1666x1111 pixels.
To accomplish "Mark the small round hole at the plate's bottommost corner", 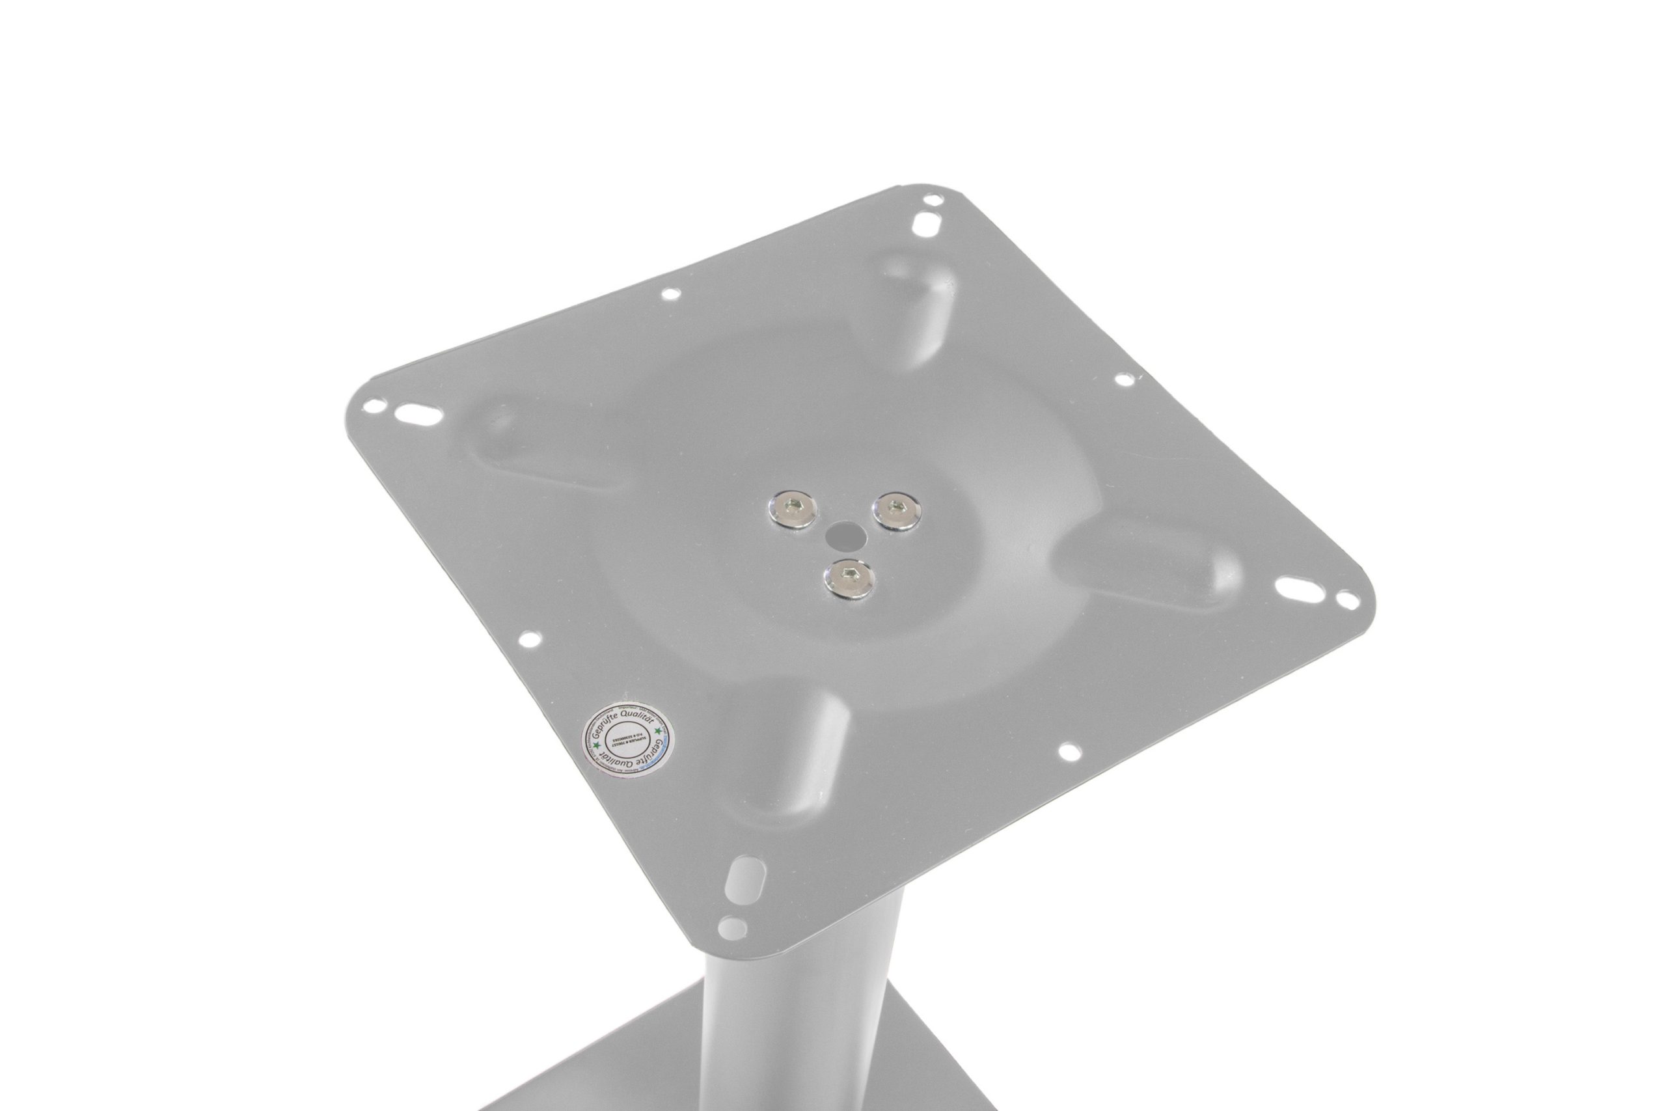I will [x=731, y=926].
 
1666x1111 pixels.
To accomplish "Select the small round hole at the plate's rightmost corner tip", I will [x=1347, y=601].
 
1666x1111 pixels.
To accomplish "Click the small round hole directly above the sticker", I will [x=528, y=639].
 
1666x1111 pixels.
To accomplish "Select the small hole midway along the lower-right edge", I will [x=1071, y=749].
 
